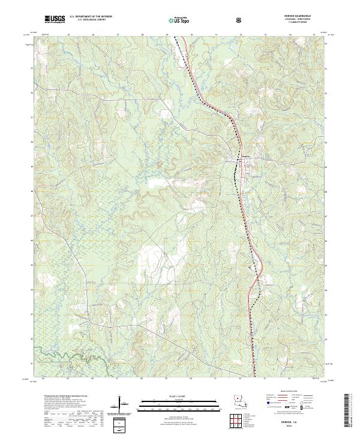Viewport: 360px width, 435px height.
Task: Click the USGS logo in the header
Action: pos(55,20)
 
